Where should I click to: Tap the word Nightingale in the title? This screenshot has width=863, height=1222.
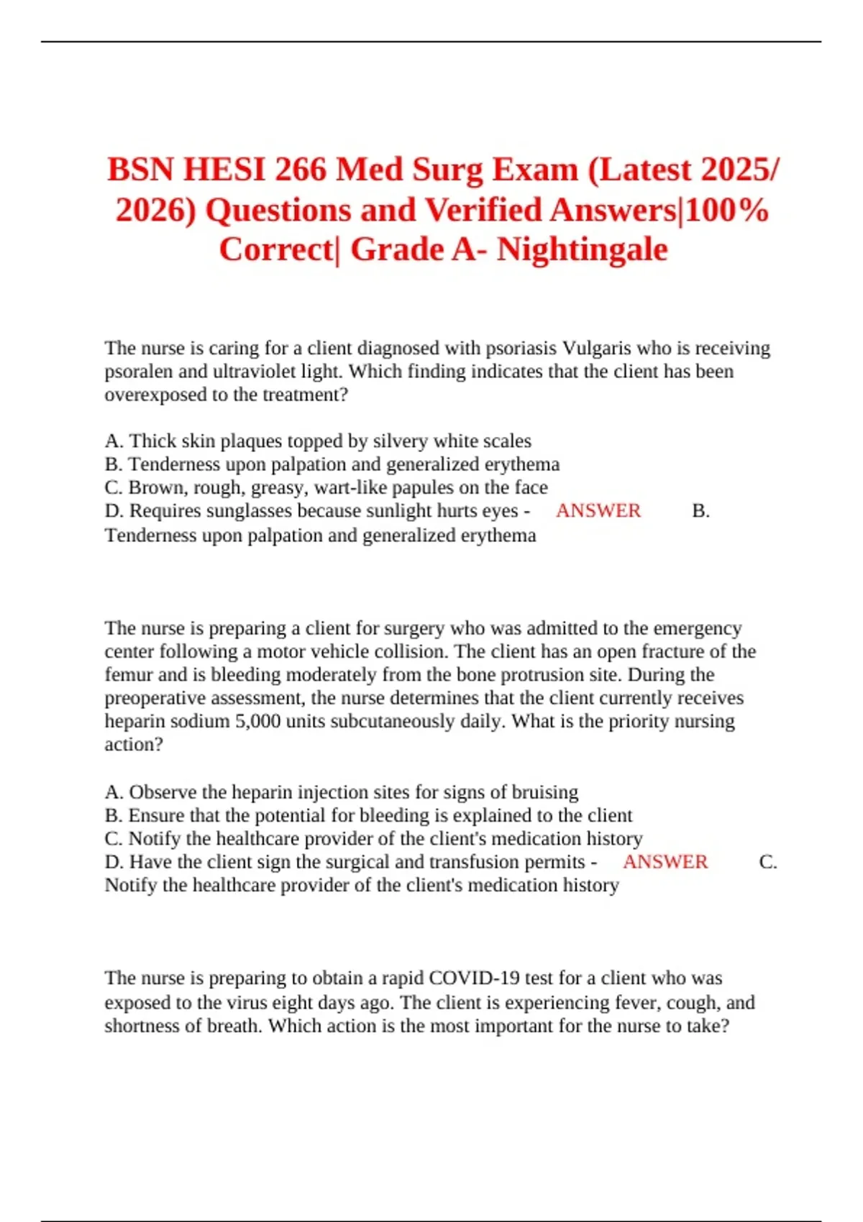(582, 249)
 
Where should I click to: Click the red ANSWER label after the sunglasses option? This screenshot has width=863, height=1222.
(598, 510)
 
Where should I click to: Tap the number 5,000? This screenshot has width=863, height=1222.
(257, 721)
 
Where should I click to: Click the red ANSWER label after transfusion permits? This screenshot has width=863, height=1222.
(665, 862)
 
